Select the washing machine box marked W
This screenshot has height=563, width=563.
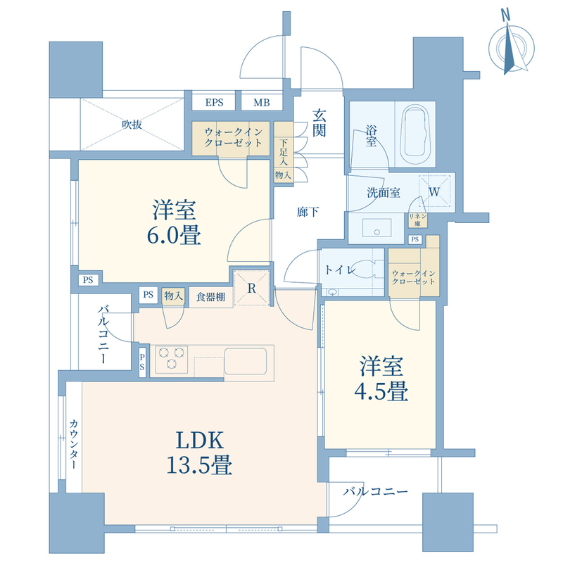tap(434, 191)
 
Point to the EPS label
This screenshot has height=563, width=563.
tap(215, 103)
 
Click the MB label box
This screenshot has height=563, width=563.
tap(261, 103)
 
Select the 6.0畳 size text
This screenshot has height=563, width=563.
tap(173, 235)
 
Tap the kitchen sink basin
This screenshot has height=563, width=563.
tap(246, 361)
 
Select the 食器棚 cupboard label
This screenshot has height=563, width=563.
tap(210, 296)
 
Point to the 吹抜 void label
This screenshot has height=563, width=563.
tap(132, 125)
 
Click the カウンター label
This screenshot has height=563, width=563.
tap(73, 445)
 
